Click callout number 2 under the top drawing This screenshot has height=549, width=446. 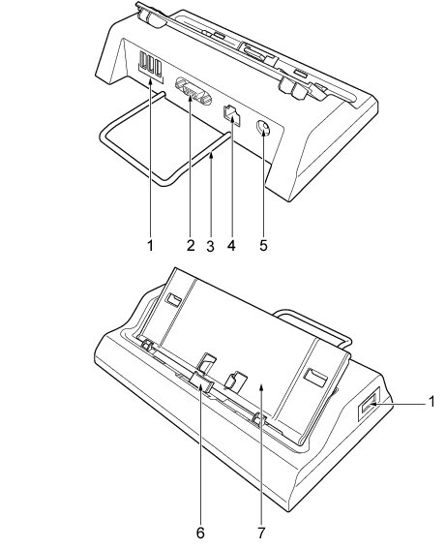click(x=191, y=245)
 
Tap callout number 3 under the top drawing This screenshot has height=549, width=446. click(x=210, y=246)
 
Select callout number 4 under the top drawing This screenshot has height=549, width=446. click(x=231, y=245)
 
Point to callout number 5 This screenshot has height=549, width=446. click(x=263, y=245)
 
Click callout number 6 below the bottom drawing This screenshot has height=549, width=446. click(x=200, y=533)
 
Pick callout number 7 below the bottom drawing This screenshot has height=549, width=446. click(x=261, y=533)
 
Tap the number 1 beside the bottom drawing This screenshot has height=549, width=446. click(x=432, y=402)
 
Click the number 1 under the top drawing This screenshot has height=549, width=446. click(x=150, y=245)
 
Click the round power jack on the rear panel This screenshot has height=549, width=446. click(x=263, y=129)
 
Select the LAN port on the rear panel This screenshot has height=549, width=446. click(x=231, y=114)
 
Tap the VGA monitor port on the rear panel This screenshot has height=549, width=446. click(x=193, y=91)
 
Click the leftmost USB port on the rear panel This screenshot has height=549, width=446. click(x=142, y=60)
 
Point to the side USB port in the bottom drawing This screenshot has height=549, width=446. click(x=369, y=408)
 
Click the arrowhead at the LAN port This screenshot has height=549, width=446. click(x=232, y=120)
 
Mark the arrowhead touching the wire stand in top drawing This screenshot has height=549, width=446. click(x=211, y=156)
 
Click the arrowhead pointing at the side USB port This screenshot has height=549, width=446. click(x=374, y=404)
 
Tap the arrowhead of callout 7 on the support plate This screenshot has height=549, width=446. click(x=261, y=385)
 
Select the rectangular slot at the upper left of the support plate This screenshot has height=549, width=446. click(x=174, y=299)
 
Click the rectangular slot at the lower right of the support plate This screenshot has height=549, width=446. click(x=315, y=377)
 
